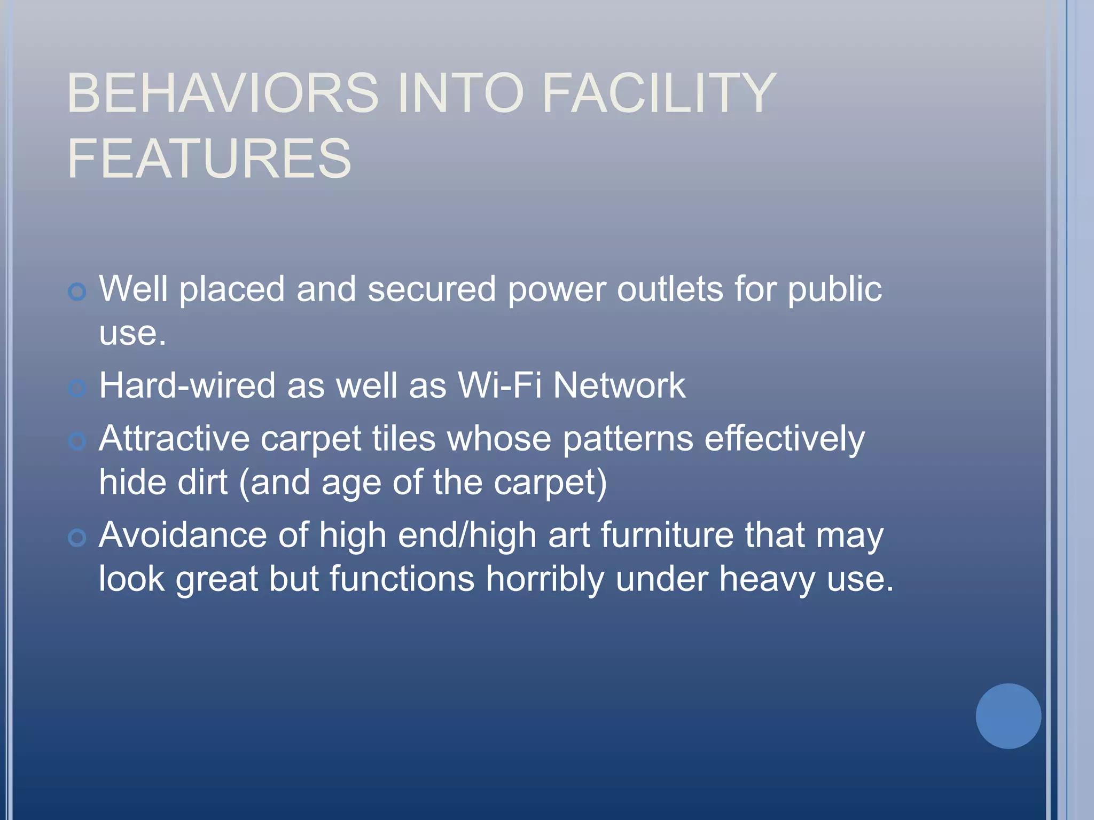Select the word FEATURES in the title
[x=209, y=159]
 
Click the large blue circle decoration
[x=1008, y=716]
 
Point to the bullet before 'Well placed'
[x=77, y=291]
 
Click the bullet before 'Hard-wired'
[x=77, y=388]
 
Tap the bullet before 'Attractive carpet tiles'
[x=77, y=441]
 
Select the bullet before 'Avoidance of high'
[x=77, y=538]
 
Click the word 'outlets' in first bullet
[x=670, y=289]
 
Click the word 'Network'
[x=619, y=385]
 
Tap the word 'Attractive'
[x=174, y=439]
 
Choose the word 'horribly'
[x=544, y=579]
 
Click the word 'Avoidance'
[x=182, y=535]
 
